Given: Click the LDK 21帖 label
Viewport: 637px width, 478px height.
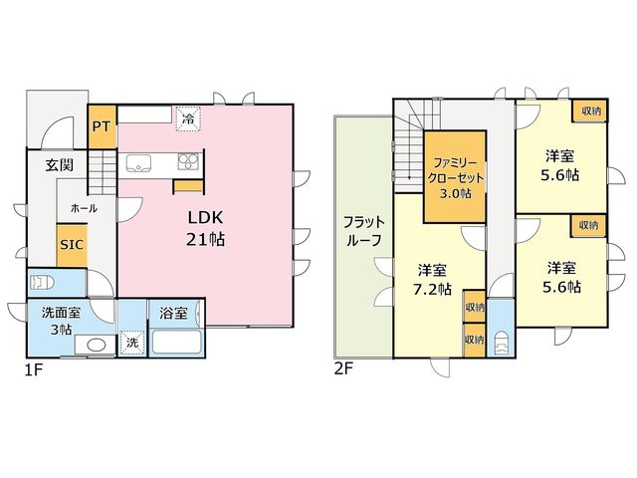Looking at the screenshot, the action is click(206, 228).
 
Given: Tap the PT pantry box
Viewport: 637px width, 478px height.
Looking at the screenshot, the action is click(102, 126).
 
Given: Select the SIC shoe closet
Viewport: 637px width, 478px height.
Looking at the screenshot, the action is click(72, 245).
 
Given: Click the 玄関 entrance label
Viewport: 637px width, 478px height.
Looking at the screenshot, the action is click(60, 164).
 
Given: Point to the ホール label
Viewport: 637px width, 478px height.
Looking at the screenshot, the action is click(84, 208).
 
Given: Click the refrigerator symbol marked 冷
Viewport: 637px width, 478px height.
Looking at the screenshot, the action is click(188, 119).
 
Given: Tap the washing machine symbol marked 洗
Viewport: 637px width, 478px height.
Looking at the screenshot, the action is click(132, 343).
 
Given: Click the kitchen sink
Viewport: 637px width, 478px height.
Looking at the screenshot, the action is click(138, 163).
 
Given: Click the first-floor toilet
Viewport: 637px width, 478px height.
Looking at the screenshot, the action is click(42, 282).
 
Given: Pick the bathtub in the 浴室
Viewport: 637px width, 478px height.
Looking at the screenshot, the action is click(177, 342).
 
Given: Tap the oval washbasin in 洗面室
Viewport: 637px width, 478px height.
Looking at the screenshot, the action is click(97, 346).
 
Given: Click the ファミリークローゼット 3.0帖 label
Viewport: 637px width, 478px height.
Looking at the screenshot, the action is click(456, 177).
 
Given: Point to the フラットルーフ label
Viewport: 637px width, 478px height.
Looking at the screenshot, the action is click(363, 231).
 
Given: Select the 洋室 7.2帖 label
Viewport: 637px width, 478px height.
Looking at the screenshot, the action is click(432, 280).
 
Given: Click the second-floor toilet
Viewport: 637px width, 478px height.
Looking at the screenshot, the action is click(502, 343).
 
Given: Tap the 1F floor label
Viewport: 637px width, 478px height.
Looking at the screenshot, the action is click(34, 369).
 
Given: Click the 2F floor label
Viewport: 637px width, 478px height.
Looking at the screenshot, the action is click(342, 369).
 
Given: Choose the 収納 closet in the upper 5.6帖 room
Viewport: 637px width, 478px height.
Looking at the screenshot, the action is click(590, 111).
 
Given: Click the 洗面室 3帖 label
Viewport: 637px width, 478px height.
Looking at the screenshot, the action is click(61, 321).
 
